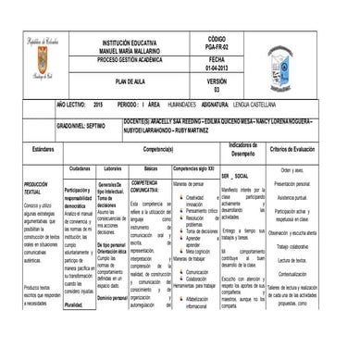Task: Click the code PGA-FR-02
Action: [216, 47]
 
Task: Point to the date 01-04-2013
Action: [216, 68]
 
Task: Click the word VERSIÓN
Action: [217, 81]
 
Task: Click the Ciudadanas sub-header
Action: [80, 168]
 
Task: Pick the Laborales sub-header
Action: [113, 168]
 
